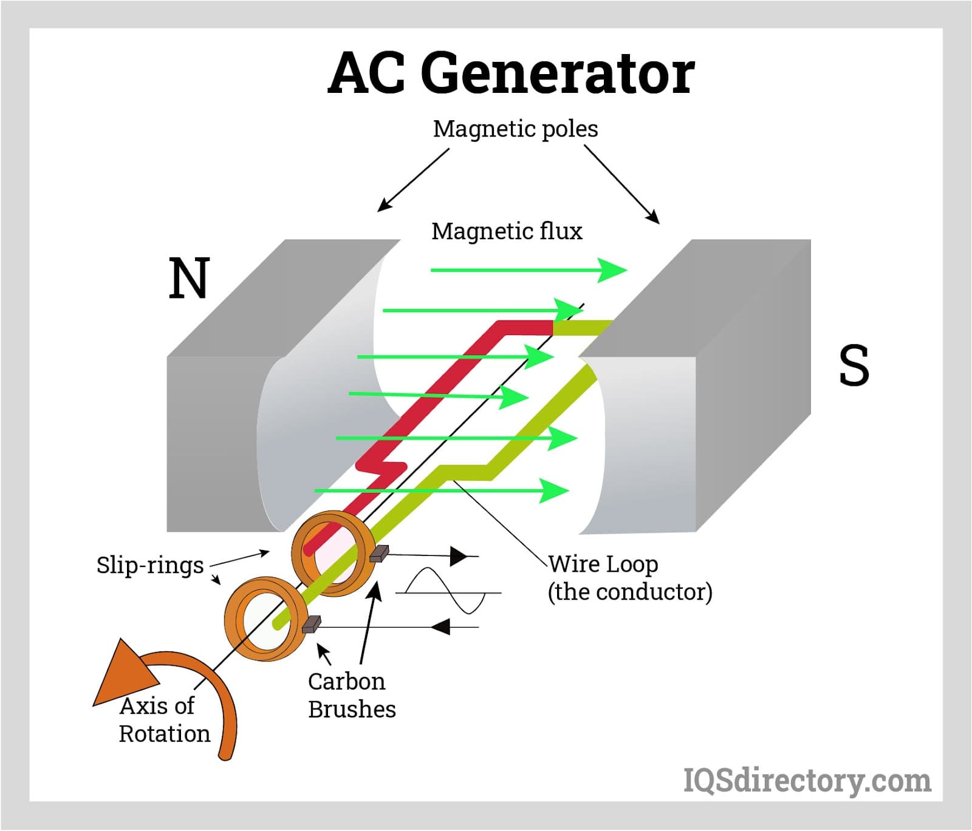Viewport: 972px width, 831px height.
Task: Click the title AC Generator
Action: [511, 73]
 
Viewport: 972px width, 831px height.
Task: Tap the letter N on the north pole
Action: [189, 278]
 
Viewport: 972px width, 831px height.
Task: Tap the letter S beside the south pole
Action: [854, 365]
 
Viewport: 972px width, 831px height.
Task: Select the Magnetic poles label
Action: [515, 129]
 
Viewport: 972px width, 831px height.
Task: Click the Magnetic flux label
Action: [507, 231]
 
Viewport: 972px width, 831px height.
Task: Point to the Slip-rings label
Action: [150, 565]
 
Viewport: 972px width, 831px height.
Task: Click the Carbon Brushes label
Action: [351, 695]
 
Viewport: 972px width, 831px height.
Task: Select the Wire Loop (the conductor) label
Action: [629, 578]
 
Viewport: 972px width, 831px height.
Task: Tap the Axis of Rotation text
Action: [164, 720]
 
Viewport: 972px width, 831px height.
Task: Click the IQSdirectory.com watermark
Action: [807, 780]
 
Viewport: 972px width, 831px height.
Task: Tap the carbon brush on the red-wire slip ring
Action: [379, 553]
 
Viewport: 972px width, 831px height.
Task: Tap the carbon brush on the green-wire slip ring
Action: [312, 624]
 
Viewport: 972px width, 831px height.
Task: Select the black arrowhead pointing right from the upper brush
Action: [459, 555]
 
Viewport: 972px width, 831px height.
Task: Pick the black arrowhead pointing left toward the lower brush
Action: [440, 626]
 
